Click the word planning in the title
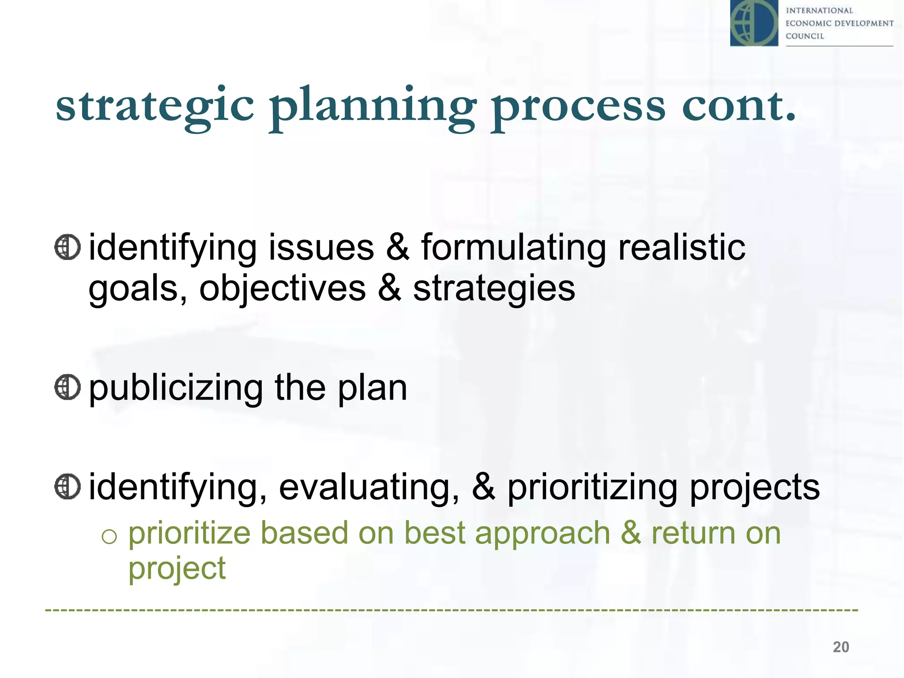[373, 106]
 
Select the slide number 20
[840, 647]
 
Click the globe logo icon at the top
[754, 23]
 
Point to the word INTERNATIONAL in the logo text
[819, 11]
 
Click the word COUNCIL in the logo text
[805, 36]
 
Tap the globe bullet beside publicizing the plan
[68, 388]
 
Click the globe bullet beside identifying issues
[68, 247]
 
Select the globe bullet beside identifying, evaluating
[68, 487]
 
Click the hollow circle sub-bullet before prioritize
[109, 536]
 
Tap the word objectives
[282, 288]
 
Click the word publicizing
[176, 388]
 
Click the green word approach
[542, 533]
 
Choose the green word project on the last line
[177, 569]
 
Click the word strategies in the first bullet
[494, 288]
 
